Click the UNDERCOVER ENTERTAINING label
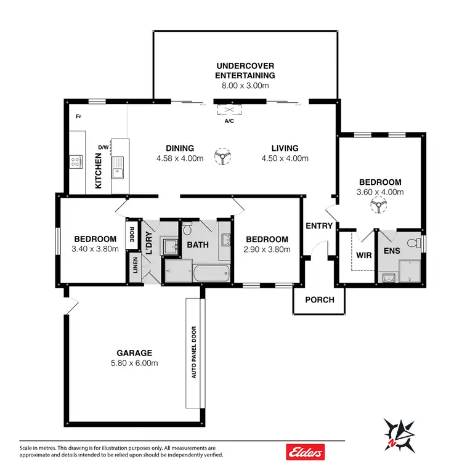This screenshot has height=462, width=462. coord(245,70)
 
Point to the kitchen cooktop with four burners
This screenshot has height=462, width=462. coord(76,163)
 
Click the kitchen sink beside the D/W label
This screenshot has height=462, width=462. coord(117,167)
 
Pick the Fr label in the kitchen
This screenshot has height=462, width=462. coord(79,116)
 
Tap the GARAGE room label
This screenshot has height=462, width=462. coord(134,353)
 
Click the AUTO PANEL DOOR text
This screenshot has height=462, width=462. coord(193,352)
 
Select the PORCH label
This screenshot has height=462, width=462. coord(320,300)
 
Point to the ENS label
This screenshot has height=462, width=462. coord(392,251)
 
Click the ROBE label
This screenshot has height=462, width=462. coord(132,234)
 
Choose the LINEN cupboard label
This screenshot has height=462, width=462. coord(135,266)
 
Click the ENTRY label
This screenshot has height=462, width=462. coord(319,226)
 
